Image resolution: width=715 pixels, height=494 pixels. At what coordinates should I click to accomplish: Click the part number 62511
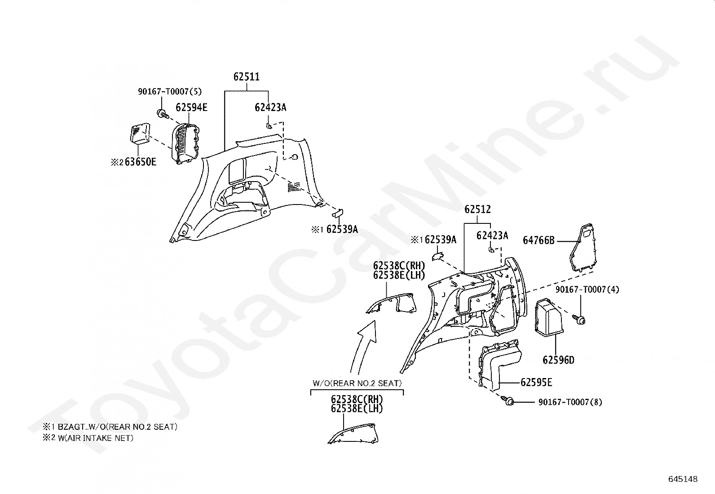(246, 77)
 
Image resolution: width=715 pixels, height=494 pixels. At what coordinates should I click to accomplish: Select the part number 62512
(477, 209)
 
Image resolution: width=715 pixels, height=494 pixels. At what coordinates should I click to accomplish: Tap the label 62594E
(191, 108)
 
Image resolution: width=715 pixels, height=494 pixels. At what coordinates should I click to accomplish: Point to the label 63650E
(140, 162)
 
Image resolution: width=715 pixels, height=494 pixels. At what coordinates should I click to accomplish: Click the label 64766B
(538, 240)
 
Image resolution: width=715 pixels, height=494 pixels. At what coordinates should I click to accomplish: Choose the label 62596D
(558, 360)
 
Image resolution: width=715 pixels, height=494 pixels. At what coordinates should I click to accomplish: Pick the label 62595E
(536, 383)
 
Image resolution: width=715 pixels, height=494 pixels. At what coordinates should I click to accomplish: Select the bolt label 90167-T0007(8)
(570, 402)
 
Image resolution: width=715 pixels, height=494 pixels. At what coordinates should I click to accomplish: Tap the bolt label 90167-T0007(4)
(587, 290)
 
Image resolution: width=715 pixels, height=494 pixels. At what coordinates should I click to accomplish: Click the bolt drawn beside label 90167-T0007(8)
(508, 401)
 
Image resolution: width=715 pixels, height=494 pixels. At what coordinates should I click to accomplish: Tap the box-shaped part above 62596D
(548, 317)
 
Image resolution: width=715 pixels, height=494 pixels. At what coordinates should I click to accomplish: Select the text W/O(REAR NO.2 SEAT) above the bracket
(357, 383)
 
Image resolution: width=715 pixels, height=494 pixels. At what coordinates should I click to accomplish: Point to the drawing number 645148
(683, 479)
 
